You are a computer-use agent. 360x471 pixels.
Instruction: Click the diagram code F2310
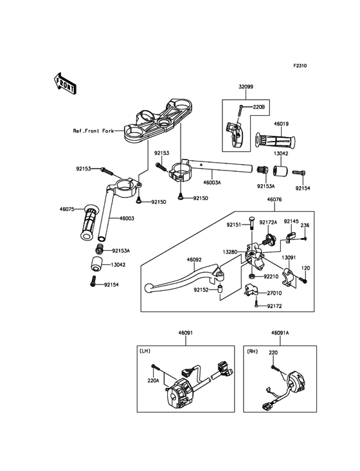pos(300,66)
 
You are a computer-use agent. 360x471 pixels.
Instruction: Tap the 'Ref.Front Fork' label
pos(93,131)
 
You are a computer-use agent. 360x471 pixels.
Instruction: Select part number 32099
pos(246,87)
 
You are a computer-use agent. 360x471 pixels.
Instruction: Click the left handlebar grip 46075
pos(89,222)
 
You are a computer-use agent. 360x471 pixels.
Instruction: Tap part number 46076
pos(274,199)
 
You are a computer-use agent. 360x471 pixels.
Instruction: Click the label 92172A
pos(268,222)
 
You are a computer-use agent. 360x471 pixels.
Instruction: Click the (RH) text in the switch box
pos(252,351)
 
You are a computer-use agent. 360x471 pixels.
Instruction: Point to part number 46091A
pos(280,333)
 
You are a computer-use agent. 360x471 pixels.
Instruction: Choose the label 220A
pos(153,380)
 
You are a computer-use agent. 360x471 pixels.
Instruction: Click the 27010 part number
pos(274,293)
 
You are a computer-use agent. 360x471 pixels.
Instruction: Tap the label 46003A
pos(212,182)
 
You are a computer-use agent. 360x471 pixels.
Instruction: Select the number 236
pos(305,225)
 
